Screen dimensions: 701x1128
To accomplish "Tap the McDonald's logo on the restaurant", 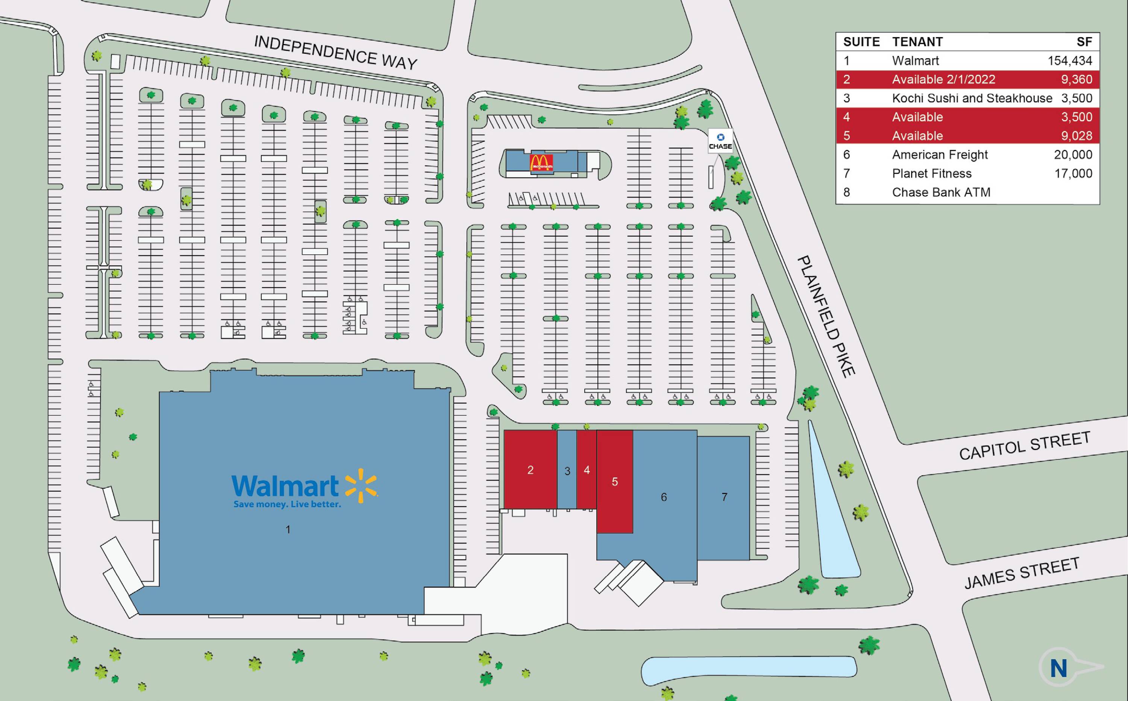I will tap(541, 162).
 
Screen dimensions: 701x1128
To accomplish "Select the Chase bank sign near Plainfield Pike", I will tap(720, 141).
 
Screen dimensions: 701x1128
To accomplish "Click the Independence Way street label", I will tap(335, 52).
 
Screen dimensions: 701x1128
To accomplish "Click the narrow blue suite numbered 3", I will tap(567, 471).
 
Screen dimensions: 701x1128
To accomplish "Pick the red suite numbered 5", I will tap(614, 482).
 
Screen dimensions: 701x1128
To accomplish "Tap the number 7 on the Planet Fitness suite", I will tap(724, 497).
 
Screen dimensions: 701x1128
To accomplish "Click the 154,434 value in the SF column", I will tap(1070, 61).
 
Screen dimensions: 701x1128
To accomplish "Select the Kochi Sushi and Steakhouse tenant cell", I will tap(972, 98).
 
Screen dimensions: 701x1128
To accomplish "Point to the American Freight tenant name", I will tap(940, 154).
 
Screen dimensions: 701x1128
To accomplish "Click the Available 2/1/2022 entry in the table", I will tap(943, 79).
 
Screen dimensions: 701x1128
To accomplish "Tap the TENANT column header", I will tap(917, 42).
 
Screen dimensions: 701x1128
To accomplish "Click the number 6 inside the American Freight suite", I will tap(664, 497).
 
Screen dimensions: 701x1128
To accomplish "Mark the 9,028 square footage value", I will tap(1076, 136).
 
